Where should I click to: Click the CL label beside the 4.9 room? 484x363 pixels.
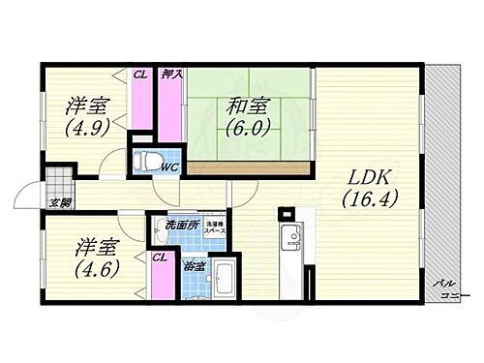tap(141, 73)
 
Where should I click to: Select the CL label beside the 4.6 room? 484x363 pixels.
tap(159, 257)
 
